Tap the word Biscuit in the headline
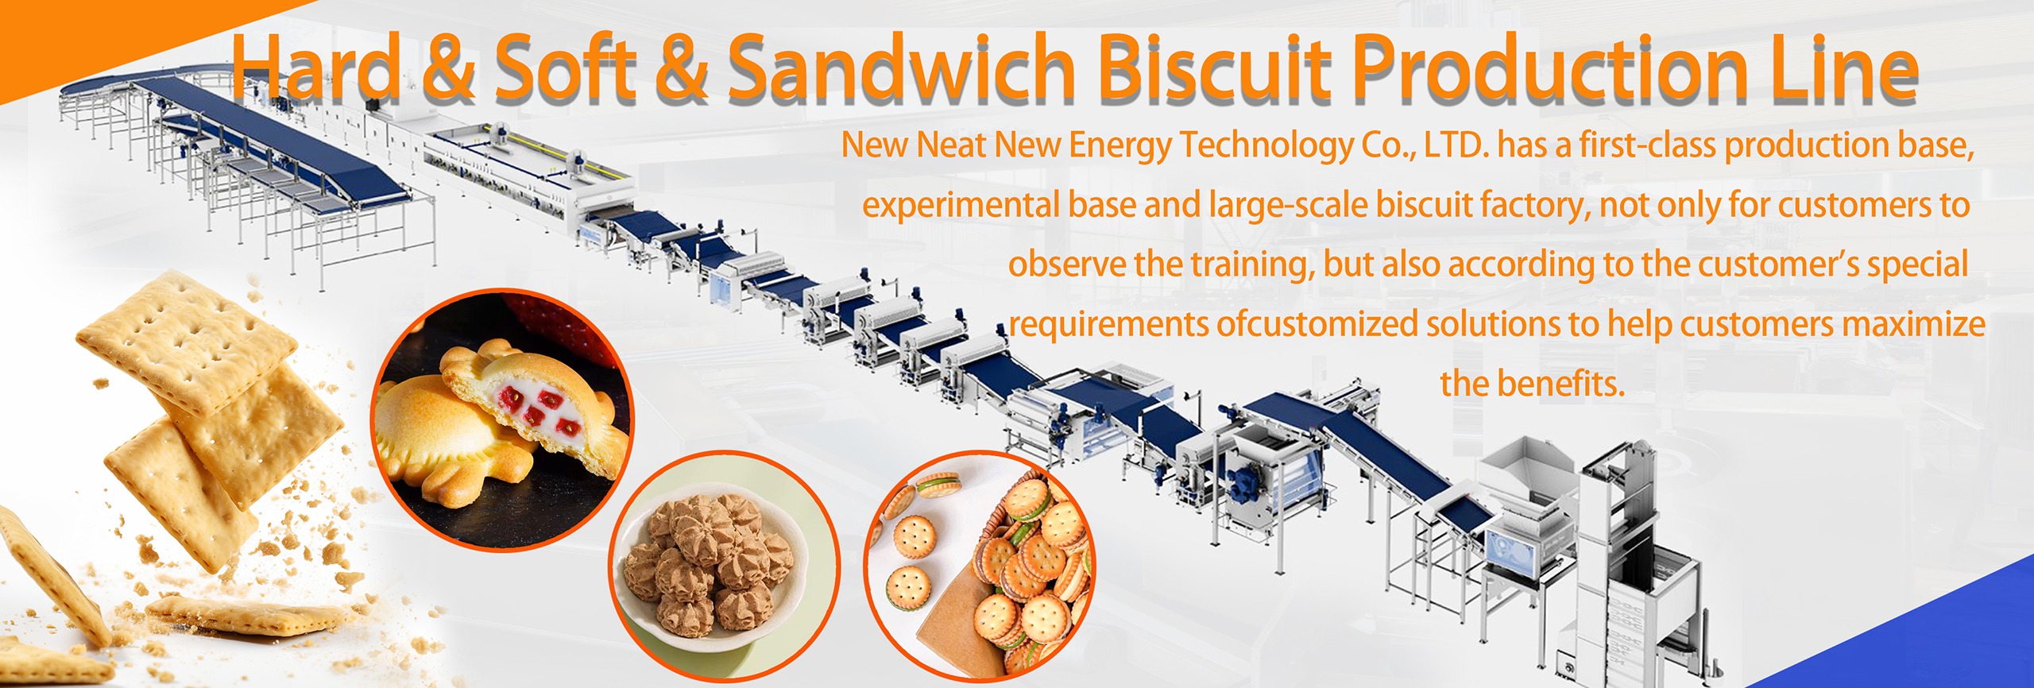point(1216,70)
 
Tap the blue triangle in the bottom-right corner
point(1939,636)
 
